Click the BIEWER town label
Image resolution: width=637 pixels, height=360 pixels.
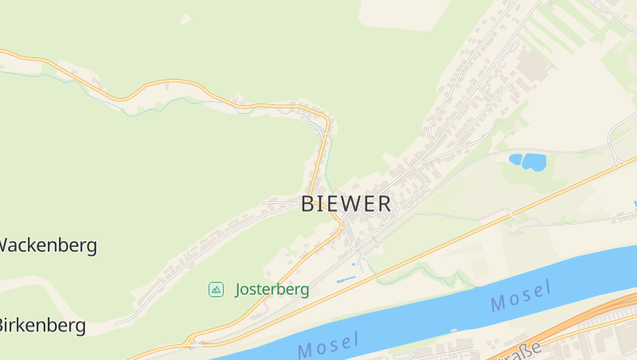[346, 204]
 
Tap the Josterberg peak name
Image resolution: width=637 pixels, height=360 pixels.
[272, 289]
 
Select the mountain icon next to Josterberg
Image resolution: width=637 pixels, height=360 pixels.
[216, 289]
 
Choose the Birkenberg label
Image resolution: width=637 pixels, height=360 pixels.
[41, 325]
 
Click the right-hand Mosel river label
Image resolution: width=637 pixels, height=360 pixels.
[522, 296]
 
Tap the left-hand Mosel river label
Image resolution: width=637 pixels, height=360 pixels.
[328, 345]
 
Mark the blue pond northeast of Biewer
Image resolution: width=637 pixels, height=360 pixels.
[527, 162]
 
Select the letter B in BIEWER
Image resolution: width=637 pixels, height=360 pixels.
[308, 204]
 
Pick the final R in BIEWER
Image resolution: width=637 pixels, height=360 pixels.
[385, 204]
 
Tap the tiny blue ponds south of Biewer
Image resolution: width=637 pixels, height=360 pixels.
[346, 280]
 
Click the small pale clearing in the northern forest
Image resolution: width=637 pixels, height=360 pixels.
[186, 18]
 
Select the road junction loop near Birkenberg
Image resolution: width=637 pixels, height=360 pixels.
[191, 340]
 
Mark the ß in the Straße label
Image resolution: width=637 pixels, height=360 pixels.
[534, 346]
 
